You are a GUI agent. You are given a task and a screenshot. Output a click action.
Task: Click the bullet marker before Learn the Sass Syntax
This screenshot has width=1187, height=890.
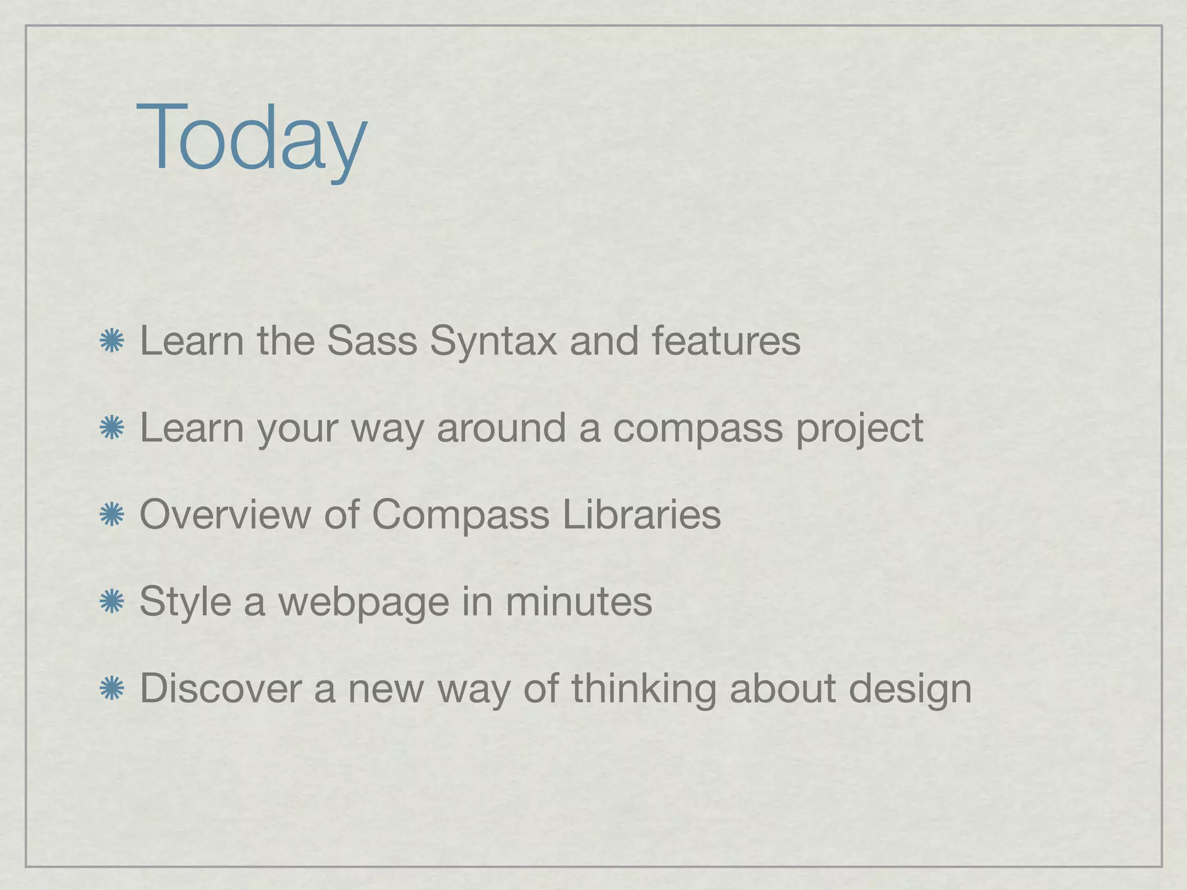click(111, 341)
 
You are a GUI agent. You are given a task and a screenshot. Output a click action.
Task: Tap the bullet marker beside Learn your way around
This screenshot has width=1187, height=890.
click(111, 428)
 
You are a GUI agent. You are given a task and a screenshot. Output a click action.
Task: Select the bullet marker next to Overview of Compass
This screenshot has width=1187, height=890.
click(111, 515)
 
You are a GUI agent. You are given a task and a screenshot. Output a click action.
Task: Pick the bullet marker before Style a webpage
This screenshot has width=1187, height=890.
click(111, 602)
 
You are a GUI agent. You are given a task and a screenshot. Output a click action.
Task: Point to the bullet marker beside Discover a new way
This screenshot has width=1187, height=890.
click(111, 689)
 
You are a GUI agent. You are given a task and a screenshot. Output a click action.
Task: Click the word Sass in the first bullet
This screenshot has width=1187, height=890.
click(372, 341)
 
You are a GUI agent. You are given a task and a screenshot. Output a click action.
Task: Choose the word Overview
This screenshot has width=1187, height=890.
click(225, 515)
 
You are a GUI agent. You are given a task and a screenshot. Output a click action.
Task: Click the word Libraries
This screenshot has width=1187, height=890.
click(642, 515)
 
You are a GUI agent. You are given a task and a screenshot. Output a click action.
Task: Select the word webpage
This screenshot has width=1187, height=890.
click(363, 603)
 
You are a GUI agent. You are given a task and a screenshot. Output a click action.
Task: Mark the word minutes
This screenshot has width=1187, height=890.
click(578, 601)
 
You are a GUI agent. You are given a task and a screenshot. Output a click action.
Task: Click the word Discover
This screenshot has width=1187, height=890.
click(220, 688)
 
